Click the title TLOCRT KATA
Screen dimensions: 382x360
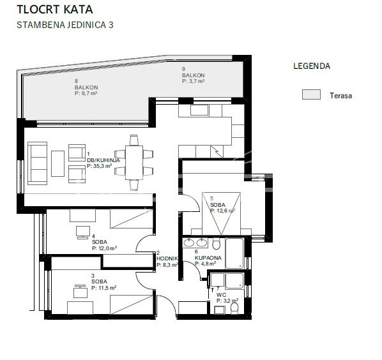55,9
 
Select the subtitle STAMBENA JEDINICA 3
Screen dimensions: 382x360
65,25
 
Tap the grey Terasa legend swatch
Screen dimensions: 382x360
311,94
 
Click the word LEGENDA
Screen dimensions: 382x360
312,66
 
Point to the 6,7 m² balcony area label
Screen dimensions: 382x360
86,93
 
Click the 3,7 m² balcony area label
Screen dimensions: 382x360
193,81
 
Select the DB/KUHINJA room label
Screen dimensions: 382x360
103,160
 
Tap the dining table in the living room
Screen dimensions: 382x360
134,163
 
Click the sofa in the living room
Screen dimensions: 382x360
37,163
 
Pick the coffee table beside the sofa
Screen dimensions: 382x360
57,163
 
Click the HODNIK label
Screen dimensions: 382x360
167,259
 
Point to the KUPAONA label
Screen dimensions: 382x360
208,258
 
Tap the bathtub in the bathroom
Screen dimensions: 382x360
234,253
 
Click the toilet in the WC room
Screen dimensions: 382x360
234,308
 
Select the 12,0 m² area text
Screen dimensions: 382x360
104,248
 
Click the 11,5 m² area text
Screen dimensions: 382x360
103,288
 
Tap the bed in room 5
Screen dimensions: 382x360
222,214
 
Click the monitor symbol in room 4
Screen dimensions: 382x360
83,232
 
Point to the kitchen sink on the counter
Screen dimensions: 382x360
199,110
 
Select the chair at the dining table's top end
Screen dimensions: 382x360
134,140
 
